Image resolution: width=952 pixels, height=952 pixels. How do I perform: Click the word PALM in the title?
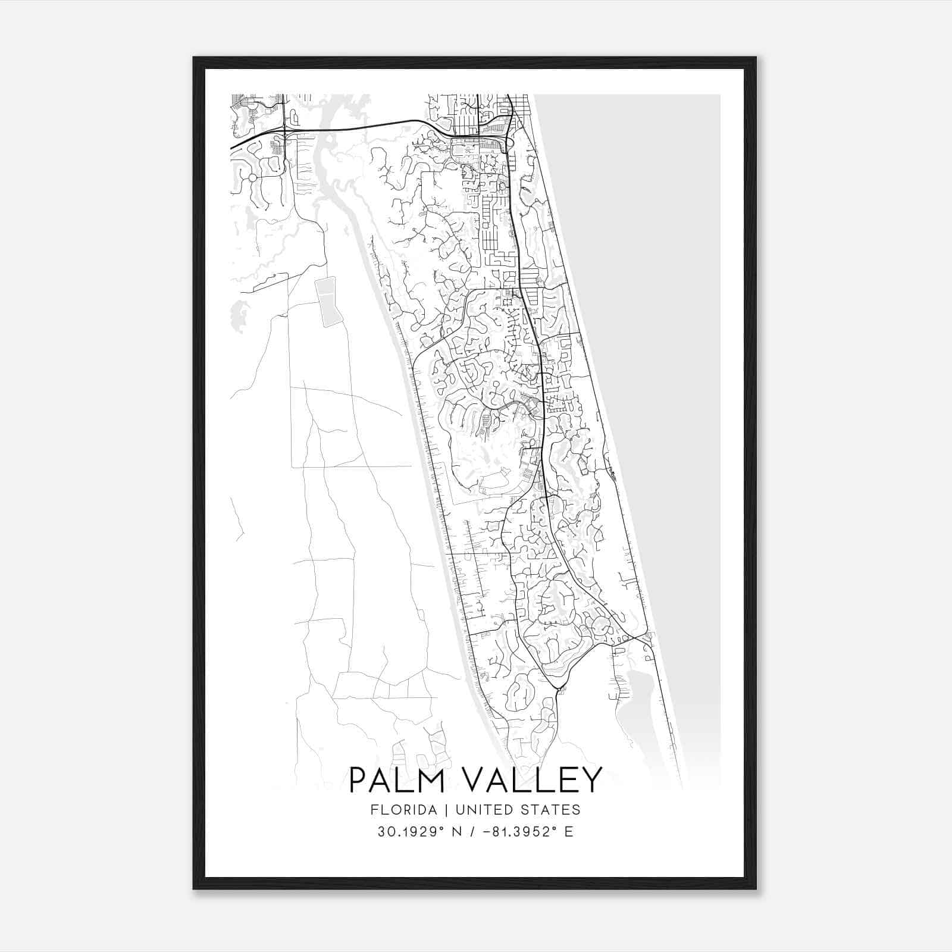point(396,780)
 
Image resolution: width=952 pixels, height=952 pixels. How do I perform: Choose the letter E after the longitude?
point(569,831)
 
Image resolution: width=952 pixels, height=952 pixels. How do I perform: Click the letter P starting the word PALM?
point(358,780)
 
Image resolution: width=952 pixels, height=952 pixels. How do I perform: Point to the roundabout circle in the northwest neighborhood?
point(252,178)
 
